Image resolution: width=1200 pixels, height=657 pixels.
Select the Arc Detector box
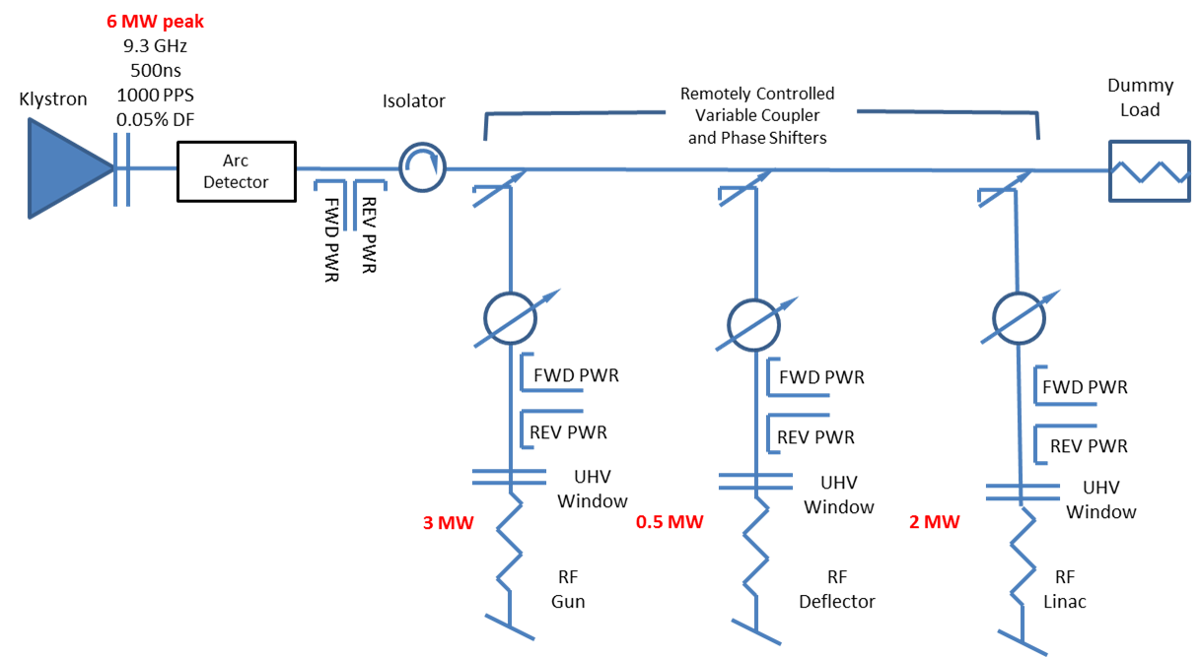click(x=236, y=171)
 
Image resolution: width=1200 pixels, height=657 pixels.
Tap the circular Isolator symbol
click(x=422, y=166)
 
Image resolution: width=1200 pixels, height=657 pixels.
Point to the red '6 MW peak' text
click(x=154, y=22)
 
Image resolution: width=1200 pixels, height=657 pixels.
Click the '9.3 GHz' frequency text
click(x=154, y=46)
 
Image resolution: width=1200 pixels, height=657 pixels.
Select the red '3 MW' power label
click(x=448, y=522)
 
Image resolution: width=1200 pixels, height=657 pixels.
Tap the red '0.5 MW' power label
click(x=671, y=522)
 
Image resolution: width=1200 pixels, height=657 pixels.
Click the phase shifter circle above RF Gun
click(x=510, y=317)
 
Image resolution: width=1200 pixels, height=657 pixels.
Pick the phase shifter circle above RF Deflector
click(x=754, y=321)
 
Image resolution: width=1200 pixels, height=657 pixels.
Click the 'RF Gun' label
click(x=568, y=588)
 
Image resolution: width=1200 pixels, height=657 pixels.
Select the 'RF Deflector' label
click(x=837, y=588)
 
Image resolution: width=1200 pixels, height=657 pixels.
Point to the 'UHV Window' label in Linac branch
click(x=1100, y=500)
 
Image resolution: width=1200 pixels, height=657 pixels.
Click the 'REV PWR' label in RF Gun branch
click(x=568, y=432)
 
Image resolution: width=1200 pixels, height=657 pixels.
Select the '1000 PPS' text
click(x=154, y=96)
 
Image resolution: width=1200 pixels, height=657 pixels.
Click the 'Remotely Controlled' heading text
click(x=756, y=94)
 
